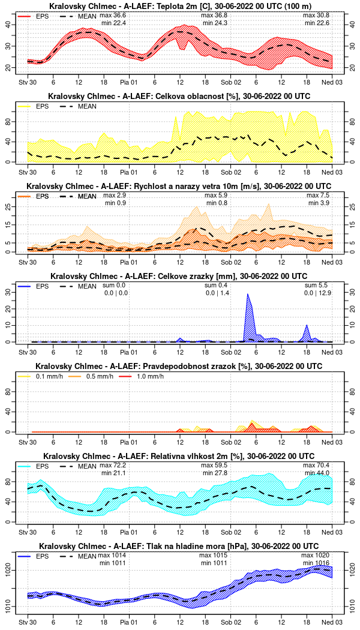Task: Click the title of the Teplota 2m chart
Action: pos(180,6)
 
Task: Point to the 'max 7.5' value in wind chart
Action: pos(318,196)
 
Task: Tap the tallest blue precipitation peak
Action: pos(247,295)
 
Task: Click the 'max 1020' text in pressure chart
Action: pos(316,556)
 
